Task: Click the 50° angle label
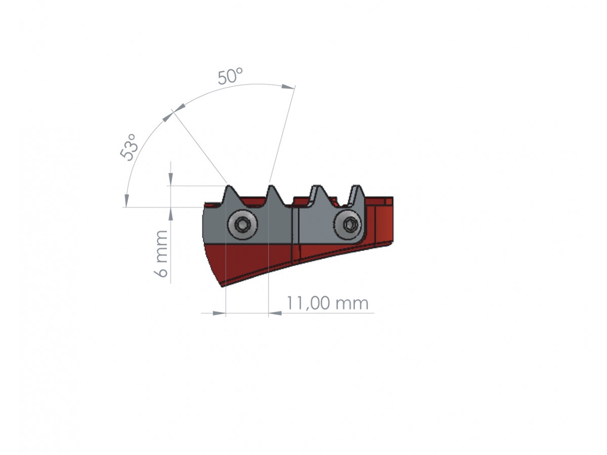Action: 230,76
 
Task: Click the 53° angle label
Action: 129,147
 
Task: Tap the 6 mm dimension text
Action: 161,253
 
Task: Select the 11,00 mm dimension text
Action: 327,303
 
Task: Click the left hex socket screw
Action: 242,224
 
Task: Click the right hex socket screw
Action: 348,224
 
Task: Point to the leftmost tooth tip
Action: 229,187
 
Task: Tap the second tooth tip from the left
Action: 271,187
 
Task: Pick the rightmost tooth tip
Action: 358,186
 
